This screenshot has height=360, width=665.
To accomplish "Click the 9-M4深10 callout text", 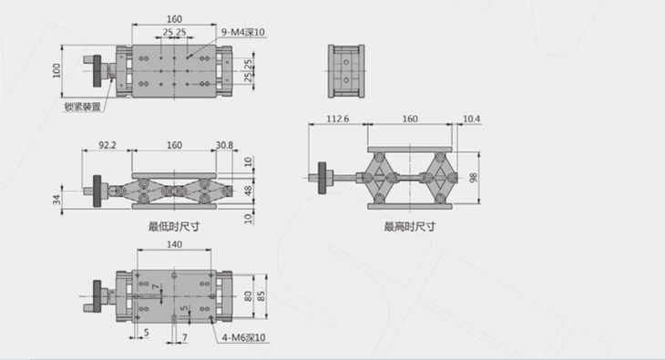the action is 243,32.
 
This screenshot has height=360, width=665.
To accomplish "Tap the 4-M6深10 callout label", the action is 244,338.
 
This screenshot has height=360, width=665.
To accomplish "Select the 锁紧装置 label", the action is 83,107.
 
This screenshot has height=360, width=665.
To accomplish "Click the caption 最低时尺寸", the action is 174,227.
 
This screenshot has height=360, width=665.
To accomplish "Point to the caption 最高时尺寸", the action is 410,227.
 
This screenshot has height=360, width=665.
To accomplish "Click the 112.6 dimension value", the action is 338,118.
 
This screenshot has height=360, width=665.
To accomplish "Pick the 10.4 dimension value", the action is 471,118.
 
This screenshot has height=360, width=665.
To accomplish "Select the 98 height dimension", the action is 474,178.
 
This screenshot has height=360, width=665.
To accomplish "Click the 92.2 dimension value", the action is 107,145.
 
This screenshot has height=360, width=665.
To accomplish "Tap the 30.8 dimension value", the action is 224,145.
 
